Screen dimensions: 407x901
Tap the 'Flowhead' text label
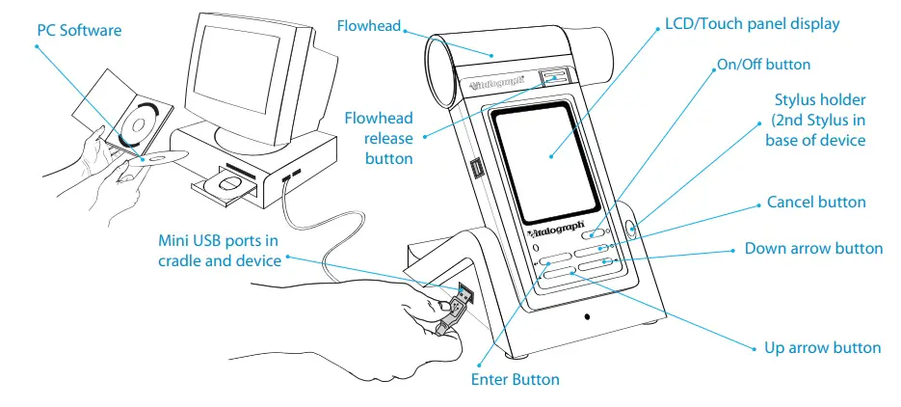point(368,24)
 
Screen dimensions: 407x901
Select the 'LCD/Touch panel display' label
point(753,23)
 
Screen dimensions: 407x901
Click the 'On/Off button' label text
point(763,65)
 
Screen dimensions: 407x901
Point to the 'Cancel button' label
point(816,203)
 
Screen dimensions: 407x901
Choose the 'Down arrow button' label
point(813,249)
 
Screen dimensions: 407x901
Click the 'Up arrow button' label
point(823,347)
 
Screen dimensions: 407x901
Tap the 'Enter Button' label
point(515,379)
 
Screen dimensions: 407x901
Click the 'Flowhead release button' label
point(379,138)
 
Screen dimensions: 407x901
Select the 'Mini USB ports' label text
point(218,250)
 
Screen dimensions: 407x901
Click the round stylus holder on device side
point(630,230)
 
